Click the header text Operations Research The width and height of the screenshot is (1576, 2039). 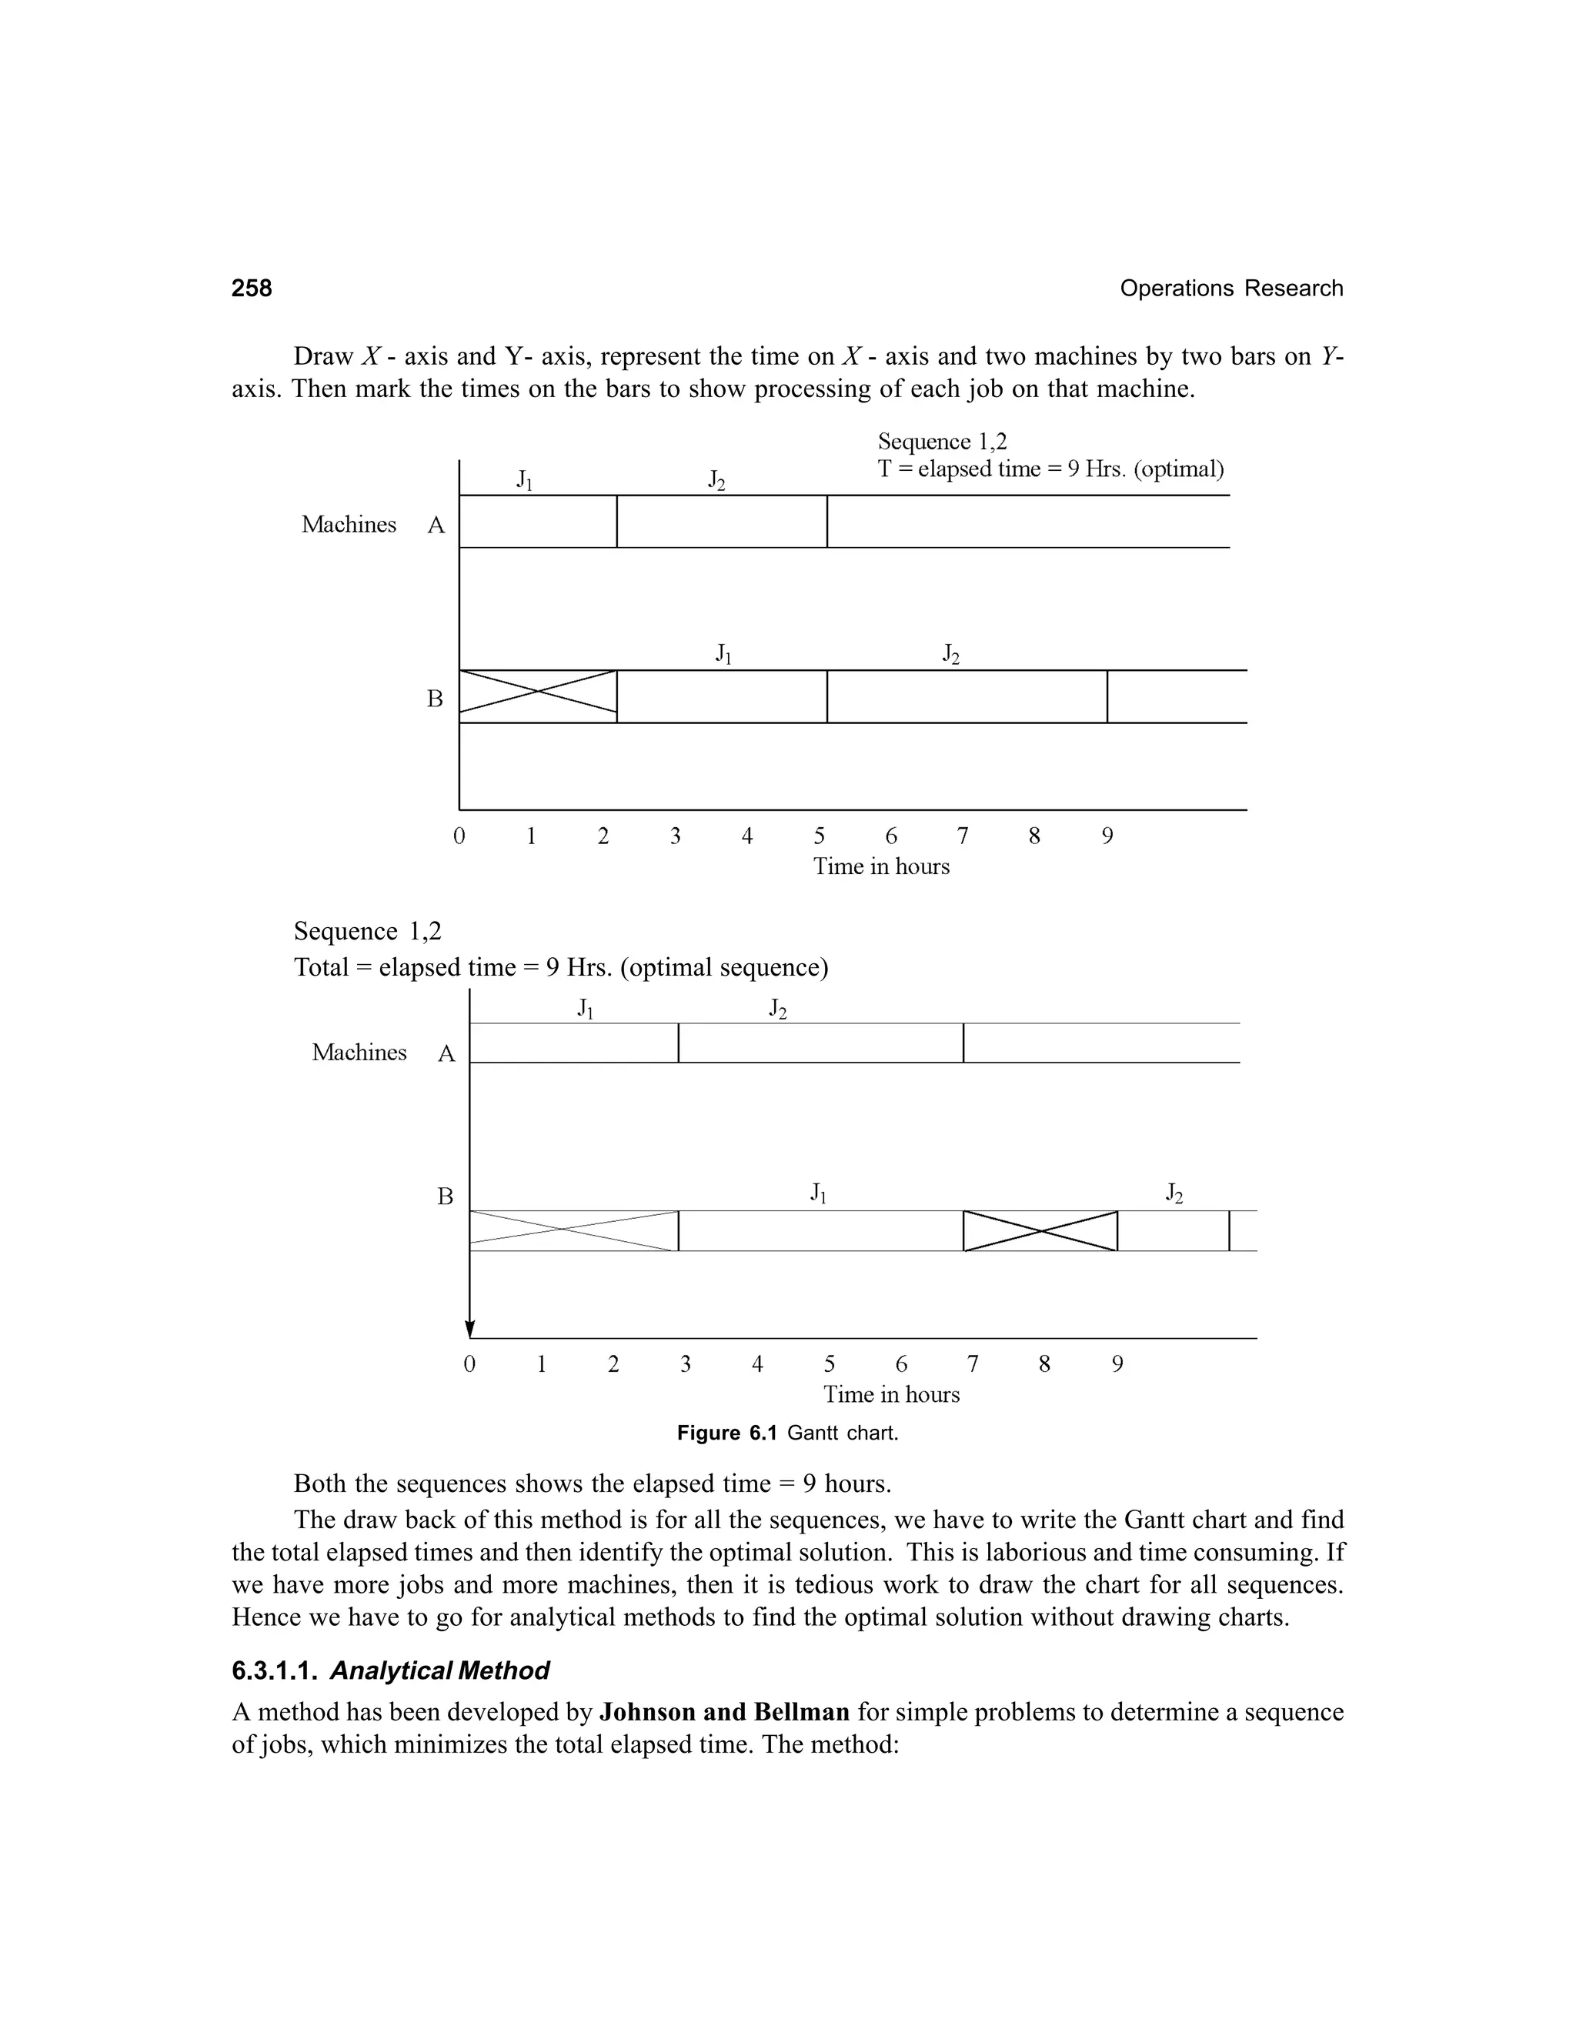click(x=1230, y=289)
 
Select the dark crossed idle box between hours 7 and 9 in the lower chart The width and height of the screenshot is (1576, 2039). click(x=1040, y=1230)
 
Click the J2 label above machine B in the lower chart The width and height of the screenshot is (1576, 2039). click(x=1174, y=1193)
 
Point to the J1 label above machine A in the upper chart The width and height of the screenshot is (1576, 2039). click(x=525, y=480)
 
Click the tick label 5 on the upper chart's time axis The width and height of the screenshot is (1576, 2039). click(x=819, y=836)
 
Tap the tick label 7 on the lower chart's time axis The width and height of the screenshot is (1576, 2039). click(x=972, y=1364)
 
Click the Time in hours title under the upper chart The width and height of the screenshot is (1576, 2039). click(x=880, y=866)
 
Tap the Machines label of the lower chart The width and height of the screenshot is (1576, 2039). click(x=359, y=1052)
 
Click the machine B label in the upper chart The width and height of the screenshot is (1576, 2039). click(x=435, y=699)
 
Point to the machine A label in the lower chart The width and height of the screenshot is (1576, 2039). click(x=446, y=1054)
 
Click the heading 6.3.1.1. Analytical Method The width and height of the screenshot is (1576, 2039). click(x=390, y=1670)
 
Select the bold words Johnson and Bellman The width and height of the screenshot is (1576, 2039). click(x=723, y=1712)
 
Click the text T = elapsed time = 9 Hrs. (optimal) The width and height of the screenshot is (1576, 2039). click(x=1050, y=469)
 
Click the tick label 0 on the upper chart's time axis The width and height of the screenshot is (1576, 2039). click(x=459, y=836)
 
